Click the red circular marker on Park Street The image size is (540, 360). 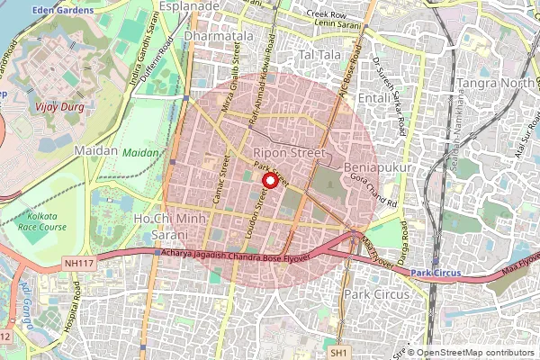coord(269,180)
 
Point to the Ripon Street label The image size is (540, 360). coord(289,153)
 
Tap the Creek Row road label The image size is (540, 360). coord(326,14)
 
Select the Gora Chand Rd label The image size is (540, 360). coord(373,187)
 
